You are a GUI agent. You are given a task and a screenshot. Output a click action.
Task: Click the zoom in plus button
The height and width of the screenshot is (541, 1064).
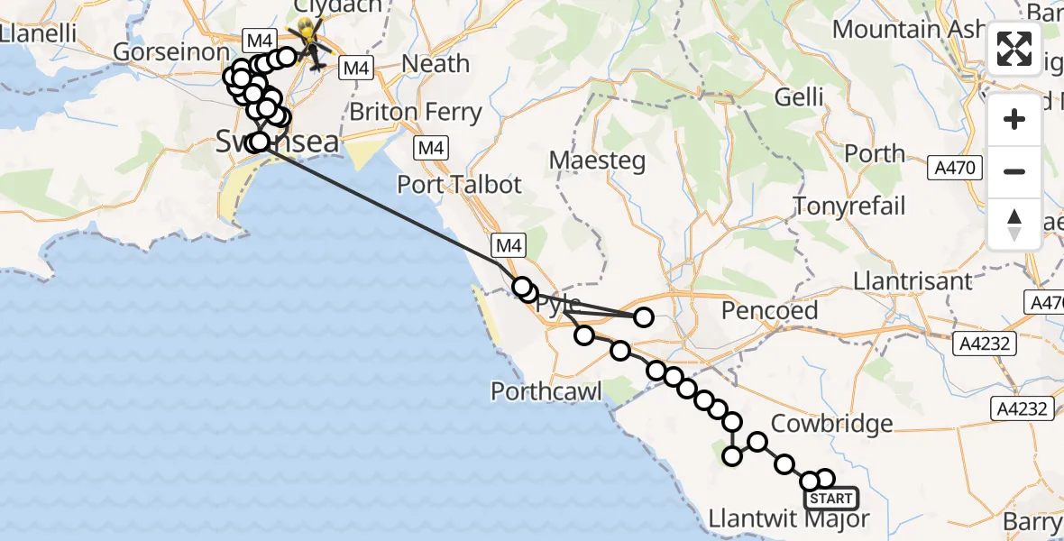(x=1014, y=119)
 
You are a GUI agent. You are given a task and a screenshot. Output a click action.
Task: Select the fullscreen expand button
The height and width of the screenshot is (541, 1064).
(x=1014, y=49)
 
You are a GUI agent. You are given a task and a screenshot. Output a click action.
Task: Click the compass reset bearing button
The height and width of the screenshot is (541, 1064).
(x=1014, y=225)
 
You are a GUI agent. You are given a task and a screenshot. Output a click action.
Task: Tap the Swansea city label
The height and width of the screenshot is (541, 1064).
(x=278, y=142)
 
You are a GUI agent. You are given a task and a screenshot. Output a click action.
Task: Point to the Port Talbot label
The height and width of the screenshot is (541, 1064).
(x=460, y=185)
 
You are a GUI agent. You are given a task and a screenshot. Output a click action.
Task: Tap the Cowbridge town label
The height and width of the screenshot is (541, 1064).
(x=832, y=424)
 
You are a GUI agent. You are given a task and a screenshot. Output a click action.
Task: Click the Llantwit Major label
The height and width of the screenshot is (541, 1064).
(x=790, y=519)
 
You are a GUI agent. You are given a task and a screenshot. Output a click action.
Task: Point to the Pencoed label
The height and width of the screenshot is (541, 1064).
(x=769, y=311)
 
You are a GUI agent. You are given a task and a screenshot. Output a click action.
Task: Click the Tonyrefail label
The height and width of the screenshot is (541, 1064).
(x=848, y=206)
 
